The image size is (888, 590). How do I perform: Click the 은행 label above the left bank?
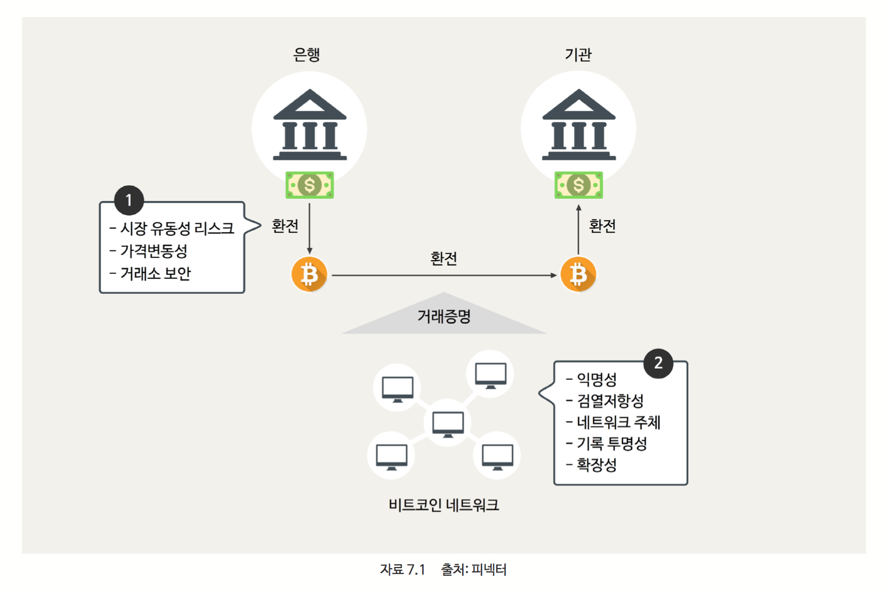click(x=306, y=54)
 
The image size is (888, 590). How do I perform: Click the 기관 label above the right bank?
click(x=578, y=54)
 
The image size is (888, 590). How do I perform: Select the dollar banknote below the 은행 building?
click(x=310, y=185)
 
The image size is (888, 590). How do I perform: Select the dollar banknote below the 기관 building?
click(x=578, y=185)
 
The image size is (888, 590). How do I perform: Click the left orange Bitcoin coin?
click(x=309, y=274)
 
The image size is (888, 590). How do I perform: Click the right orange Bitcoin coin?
click(x=578, y=274)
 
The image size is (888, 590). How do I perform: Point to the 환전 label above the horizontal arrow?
click(x=443, y=258)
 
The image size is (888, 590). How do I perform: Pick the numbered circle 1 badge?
click(x=129, y=200)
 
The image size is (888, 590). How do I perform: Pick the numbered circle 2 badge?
click(x=658, y=363)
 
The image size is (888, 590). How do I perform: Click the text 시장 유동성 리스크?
click(x=177, y=228)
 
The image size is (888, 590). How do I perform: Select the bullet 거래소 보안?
click(x=155, y=273)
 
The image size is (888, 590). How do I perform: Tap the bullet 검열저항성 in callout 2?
click(x=610, y=401)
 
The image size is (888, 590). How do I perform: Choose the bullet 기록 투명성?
click(x=611, y=443)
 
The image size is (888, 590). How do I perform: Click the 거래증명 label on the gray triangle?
click(x=444, y=316)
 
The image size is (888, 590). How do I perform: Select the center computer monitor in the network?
click(x=448, y=423)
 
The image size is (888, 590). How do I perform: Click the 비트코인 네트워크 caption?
click(x=443, y=505)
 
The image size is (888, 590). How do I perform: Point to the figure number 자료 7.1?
click(x=402, y=570)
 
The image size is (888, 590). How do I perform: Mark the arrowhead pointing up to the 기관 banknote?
click(x=578, y=207)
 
